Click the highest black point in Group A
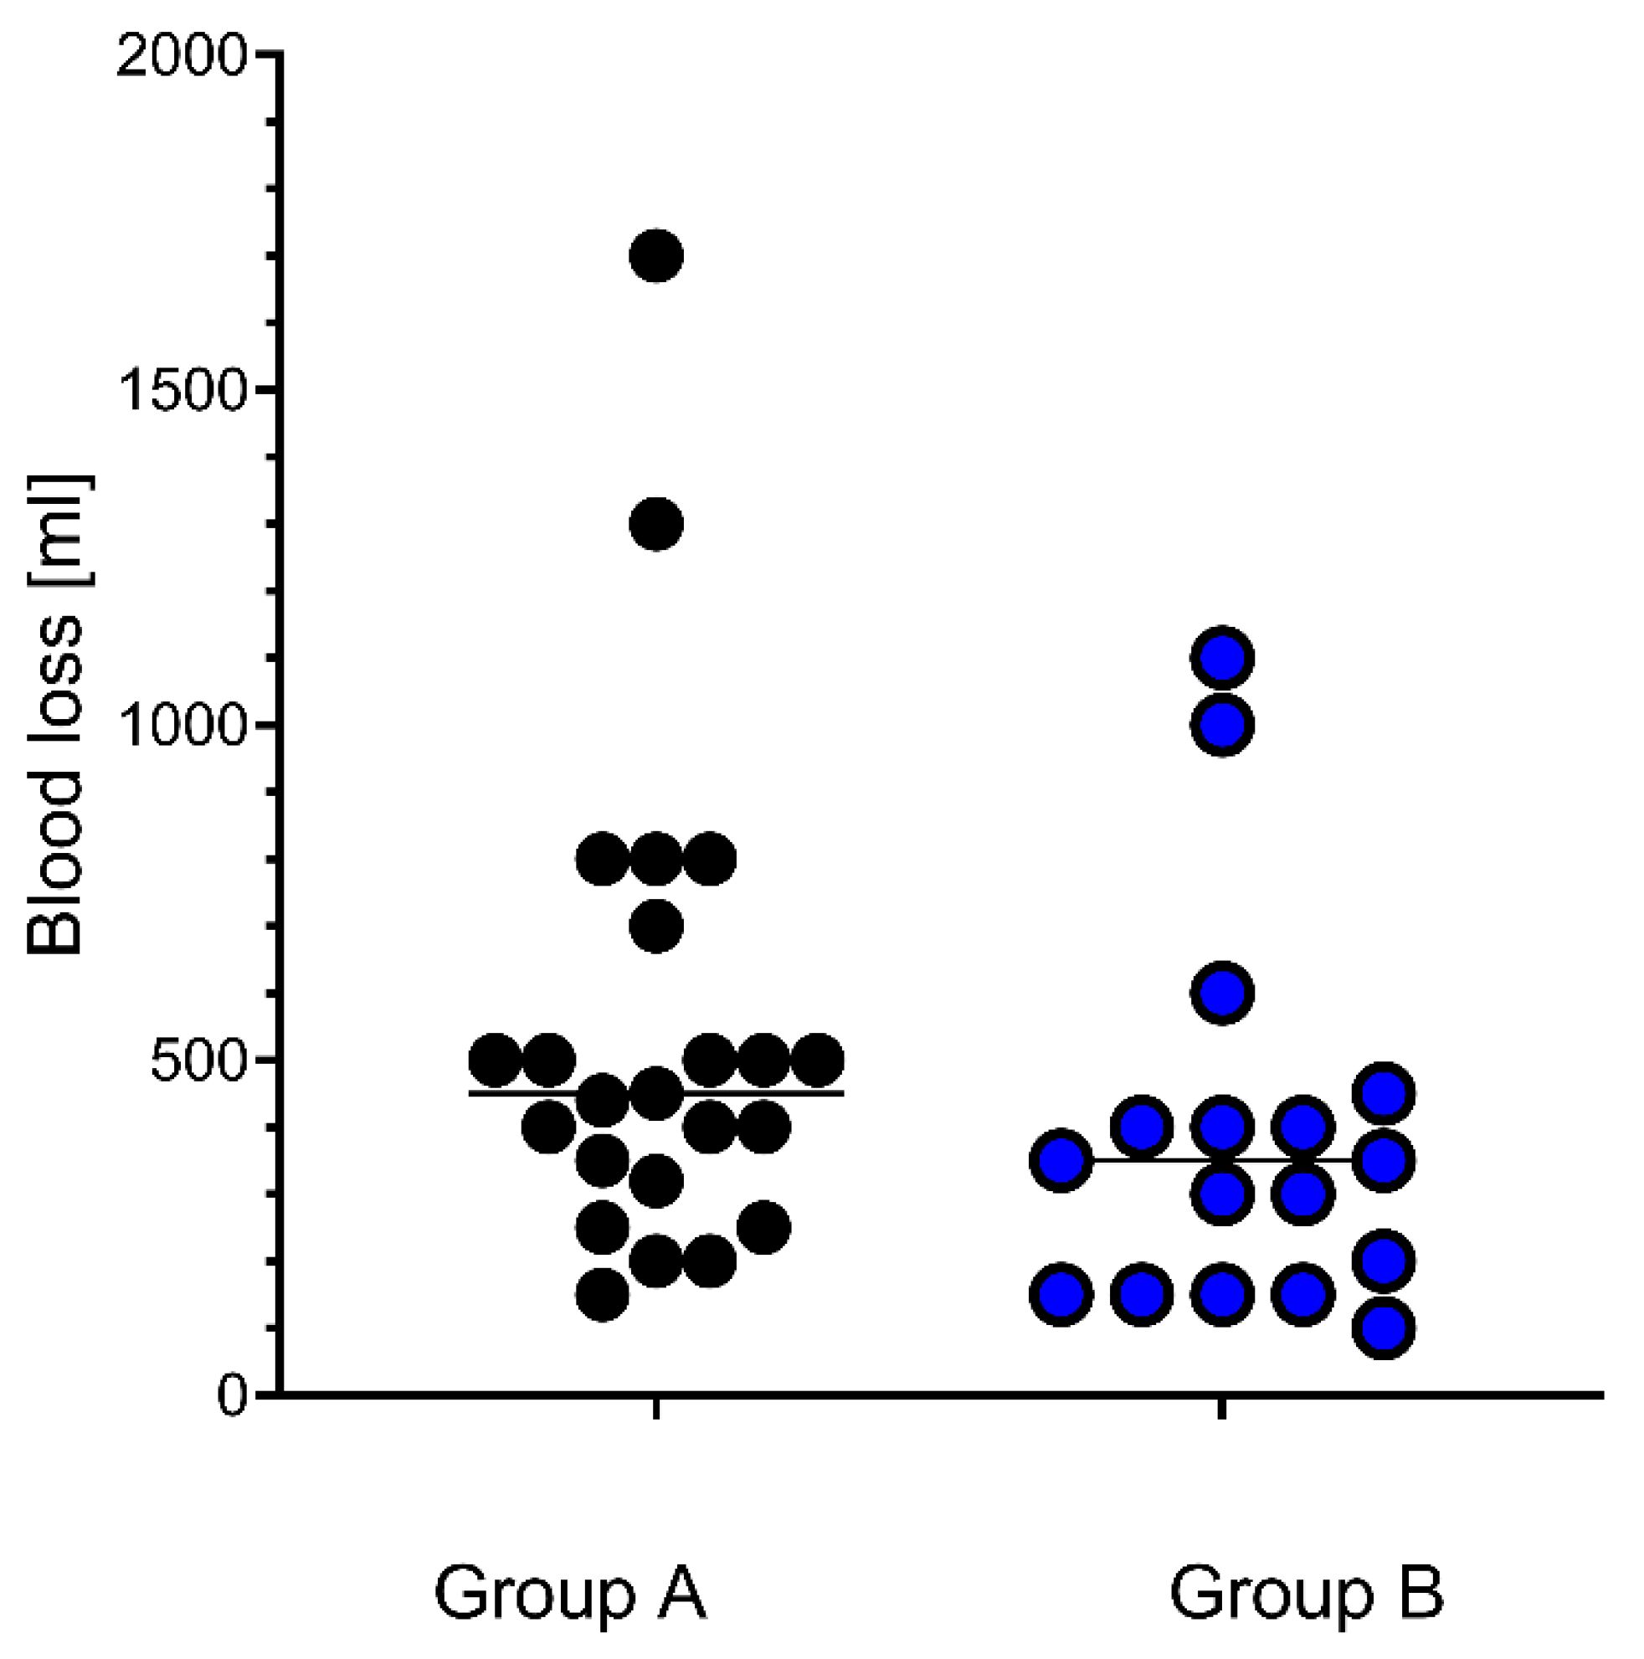(x=656, y=256)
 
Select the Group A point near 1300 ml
(x=656, y=524)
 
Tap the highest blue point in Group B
(x=1221, y=659)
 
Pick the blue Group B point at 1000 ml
(x=1221, y=725)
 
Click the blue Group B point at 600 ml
(x=1221, y=993)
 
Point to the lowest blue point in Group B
(x=1383, y=1328)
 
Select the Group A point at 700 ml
(x=656, y=927)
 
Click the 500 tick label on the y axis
(x=198, y=1061)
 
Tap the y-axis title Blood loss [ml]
(x=55, y=715)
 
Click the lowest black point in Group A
(x=602, y=1294)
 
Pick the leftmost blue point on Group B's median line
(x=1061, y=1161)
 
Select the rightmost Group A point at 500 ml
(x=818, y=1061)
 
